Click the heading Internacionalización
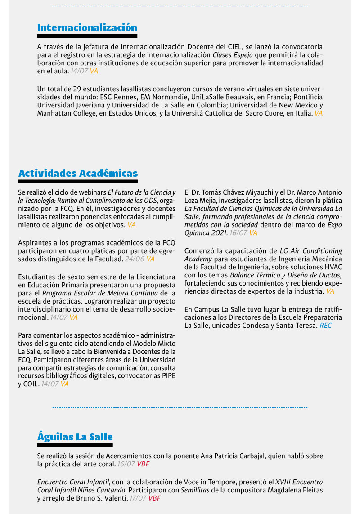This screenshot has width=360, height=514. [87, 27]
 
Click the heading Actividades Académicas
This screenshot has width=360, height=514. [78, 173]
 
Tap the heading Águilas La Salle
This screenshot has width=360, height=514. [75, 437]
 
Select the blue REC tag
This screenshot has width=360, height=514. [325, 325]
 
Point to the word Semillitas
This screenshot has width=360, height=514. [196, 490]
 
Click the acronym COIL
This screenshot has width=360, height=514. [29, 384]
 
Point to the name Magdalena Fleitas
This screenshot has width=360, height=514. [295, 490]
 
